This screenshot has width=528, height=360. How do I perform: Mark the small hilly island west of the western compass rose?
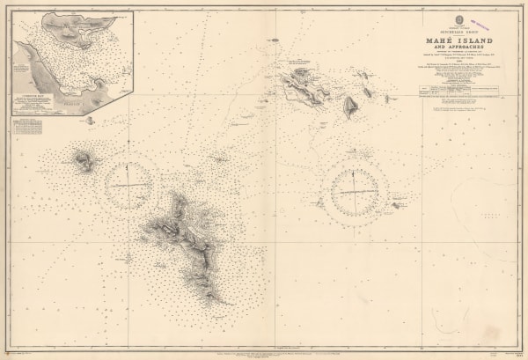point(84,161)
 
